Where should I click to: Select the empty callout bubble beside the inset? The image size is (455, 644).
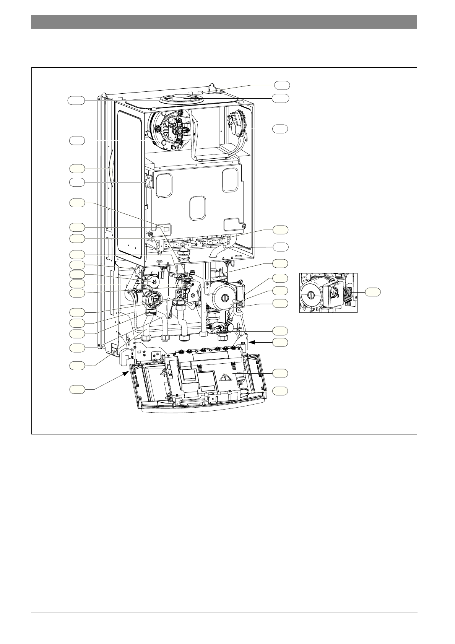point(372,292)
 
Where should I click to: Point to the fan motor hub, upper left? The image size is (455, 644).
point(178,130)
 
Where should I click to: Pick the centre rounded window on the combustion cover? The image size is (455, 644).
point(198,208)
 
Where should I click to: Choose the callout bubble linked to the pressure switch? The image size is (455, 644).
point(281,129)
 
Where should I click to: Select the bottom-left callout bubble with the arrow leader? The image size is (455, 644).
point(77,390)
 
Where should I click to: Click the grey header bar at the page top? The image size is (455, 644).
point(224,22)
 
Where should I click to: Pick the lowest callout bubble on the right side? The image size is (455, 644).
point(281,390)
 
